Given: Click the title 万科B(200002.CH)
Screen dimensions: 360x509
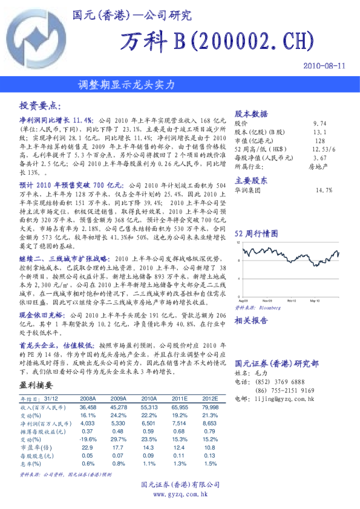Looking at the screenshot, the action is (x=217, y=41).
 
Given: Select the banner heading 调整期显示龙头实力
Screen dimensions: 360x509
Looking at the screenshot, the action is (x=126, y=85).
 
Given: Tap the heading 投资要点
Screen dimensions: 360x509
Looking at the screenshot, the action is (x=41, y=105).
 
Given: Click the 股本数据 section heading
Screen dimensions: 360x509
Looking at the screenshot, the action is (x=250, y=114).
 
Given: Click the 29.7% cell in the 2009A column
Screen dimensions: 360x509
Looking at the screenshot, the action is (x=118, y=439).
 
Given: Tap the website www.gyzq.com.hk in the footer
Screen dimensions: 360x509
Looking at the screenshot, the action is (x=180, y=494).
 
